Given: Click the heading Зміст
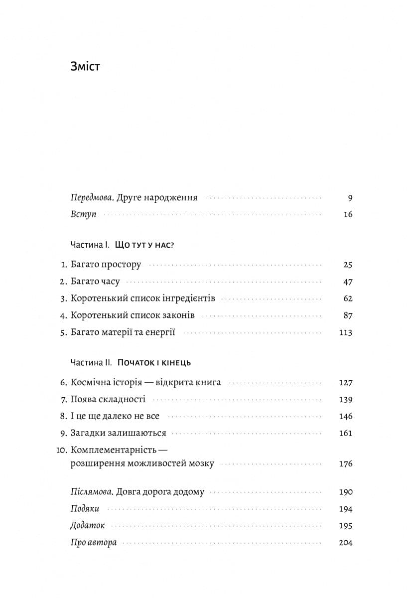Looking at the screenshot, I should (x=85, y=66).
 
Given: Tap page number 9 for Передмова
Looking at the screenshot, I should (x=350, y=198).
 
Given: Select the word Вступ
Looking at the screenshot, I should (x=84, y=215).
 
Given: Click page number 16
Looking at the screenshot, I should (x=348, y=215).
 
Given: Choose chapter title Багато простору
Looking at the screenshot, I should (x=106, y=265).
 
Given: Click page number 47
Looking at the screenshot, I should (x=348, y=282).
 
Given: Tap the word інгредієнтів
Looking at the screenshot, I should (x=188, y=299).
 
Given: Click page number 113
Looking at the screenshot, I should (x=345, y=333).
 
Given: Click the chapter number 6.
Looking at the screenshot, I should (x=63, y=383).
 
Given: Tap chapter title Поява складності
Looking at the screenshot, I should (x=108, y=400).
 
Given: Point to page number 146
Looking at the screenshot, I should (x=345, y=416).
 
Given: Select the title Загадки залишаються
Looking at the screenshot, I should (x=119, y=433).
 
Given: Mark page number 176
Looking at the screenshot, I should (x=345, y=464).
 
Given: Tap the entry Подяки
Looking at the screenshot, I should (x=85, y=509).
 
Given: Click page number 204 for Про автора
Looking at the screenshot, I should (x=345, y=543).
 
